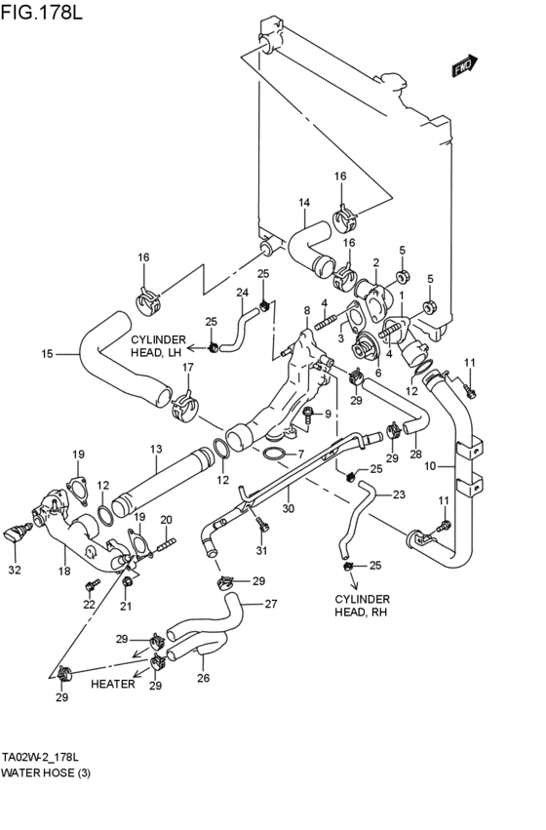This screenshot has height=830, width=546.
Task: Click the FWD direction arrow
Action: click(465, 65)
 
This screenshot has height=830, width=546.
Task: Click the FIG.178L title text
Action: click(41, 12)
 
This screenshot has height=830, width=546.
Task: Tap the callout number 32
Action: click(15, 571)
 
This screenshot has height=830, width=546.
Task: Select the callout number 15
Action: click(48, 354)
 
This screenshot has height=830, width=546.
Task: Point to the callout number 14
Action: click(304, 202)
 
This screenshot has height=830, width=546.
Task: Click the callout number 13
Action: click(156, 450)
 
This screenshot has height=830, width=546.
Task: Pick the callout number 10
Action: click(431, 466)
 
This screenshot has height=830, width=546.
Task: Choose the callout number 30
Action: click(288, 509)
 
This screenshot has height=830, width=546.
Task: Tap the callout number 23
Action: click(399, 494)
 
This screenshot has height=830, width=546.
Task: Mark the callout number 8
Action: click(307, 310)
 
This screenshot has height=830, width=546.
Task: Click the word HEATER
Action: click(113, 684)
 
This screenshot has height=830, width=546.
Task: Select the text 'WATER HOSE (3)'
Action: click(46, 772)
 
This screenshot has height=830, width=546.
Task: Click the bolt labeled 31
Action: click(262, 524)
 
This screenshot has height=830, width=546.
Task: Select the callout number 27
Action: click(271, 604)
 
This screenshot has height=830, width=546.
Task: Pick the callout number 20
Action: click(166, 521)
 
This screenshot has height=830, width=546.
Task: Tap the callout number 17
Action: click(188, 367)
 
